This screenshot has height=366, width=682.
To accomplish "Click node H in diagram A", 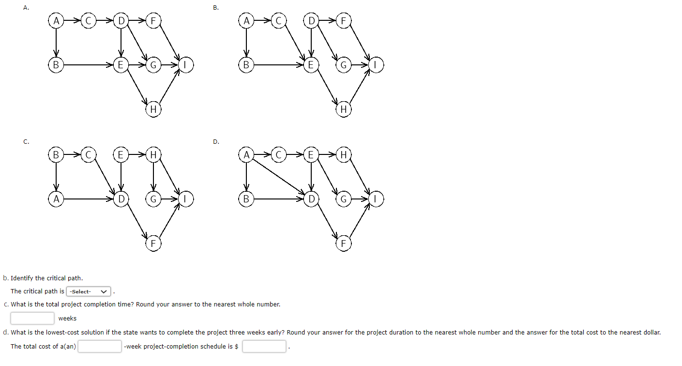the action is tap(153, 109).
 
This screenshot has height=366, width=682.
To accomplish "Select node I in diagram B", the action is tap(376, 65).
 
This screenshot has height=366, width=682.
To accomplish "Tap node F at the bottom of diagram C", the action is tap(153, 244).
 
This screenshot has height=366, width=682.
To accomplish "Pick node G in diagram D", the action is tap(344, 199).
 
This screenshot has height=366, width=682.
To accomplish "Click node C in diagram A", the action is tap(89, 21).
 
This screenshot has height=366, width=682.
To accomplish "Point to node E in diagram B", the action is tap(311, 65).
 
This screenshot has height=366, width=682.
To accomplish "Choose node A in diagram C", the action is tap(56, 199).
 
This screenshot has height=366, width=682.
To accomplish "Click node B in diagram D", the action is tap(246, 199).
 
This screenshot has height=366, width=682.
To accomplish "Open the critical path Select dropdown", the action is tap(88, 291).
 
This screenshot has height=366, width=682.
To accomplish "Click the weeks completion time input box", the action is tap(32, 318).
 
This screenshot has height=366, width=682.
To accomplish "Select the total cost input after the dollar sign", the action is tap(264, 346).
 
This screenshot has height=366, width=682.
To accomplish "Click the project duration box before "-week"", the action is tap(100, 346).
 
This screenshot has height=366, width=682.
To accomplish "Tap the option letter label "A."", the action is tap(26, 8).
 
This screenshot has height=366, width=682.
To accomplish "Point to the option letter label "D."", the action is tap(216, 141).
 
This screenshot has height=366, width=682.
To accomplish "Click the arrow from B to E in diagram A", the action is tap(88, 65).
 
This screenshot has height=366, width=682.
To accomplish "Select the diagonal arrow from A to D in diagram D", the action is tap(279, 177).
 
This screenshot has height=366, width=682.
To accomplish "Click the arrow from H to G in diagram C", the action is tap(153, 176).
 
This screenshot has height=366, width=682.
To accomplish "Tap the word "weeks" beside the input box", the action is tap(67, 318).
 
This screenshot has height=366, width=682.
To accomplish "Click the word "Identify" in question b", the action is tap(22, 278).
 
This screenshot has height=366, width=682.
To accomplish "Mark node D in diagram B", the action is tap(311, 21).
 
